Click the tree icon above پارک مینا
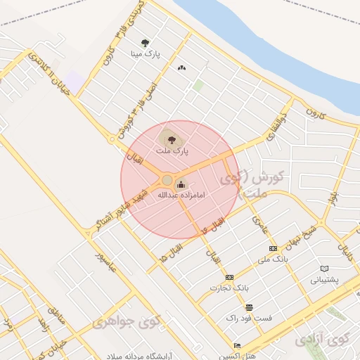tap(146, 43)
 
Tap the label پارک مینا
tap(146, 53)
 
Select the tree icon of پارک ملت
tap(169, 139)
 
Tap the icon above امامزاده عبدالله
tap(182, 185)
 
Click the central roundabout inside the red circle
tap(167, 180)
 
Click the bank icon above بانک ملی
tap(273, 249)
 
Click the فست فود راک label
tap(249, 319)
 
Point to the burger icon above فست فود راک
tap(249, 308)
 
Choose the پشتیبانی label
tap(324, 279)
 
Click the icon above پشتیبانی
tap(324, 269)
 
